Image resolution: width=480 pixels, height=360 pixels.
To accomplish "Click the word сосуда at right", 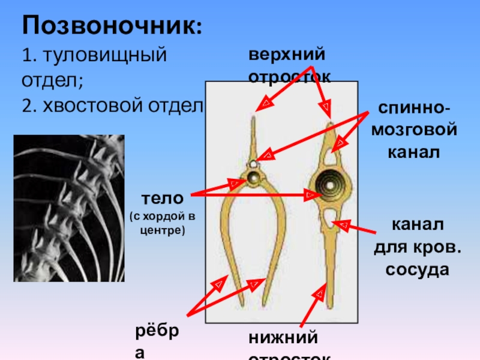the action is [x=417, y=269].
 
